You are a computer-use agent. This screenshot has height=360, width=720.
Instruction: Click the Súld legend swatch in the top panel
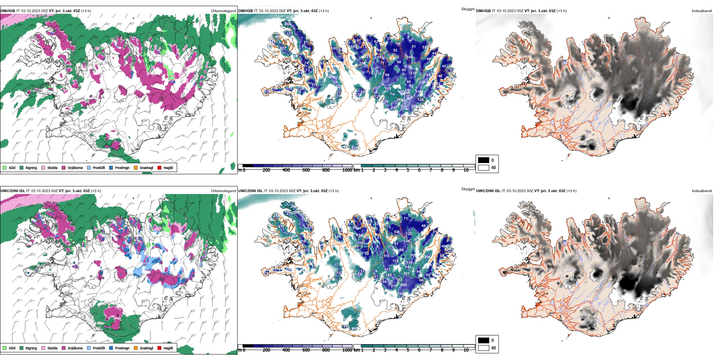pos(5,167)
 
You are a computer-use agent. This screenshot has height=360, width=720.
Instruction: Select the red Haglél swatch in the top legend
pos(160,167)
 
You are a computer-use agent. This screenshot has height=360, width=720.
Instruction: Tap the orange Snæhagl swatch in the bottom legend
pos(136,348)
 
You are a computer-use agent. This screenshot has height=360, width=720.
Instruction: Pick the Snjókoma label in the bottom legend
pos(75,348)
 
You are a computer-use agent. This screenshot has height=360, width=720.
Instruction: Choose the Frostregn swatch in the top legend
pos(111,167)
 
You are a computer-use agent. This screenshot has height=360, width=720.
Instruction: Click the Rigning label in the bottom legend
pos(31,348)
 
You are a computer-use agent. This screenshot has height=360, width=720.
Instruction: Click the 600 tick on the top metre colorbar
pos(306,170)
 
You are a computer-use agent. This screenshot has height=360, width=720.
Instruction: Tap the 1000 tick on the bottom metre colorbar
pos(347,350)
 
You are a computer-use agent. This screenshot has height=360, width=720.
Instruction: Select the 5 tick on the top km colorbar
pos(408,170)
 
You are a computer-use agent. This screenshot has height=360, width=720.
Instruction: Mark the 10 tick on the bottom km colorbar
pos(466,350)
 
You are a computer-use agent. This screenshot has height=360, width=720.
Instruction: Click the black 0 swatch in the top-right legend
pos(484,160)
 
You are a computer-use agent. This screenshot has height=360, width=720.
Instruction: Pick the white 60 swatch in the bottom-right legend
pos(484,347)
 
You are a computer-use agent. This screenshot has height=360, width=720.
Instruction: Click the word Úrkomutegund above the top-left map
pos(223,11)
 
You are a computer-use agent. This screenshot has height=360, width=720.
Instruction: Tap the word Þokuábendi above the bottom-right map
pos(702,191)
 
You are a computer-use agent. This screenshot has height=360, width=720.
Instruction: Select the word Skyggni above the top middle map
pos(468,9)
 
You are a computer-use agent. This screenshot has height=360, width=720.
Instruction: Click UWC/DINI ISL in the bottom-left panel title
pos(13,191)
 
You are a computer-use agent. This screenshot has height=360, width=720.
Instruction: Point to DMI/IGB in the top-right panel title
pos(483,11)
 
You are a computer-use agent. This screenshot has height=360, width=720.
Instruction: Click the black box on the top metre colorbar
pos(247,166)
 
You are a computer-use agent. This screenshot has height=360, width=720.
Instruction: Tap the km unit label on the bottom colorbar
pos(357,350)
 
